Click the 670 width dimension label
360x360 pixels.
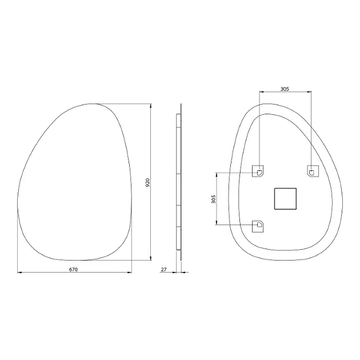point(74,269)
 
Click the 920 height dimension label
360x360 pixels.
point(147,182)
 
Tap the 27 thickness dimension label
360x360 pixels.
point(163,269)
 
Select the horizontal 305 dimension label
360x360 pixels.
point(285,89)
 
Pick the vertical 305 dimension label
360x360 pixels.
point(214,199)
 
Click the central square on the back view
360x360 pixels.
point(285,199)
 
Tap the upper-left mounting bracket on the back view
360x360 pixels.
point(258,171)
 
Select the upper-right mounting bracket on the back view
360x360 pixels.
point(313,171)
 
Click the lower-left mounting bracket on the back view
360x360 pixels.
point(258,226)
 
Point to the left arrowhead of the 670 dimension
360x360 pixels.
point(19,273)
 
